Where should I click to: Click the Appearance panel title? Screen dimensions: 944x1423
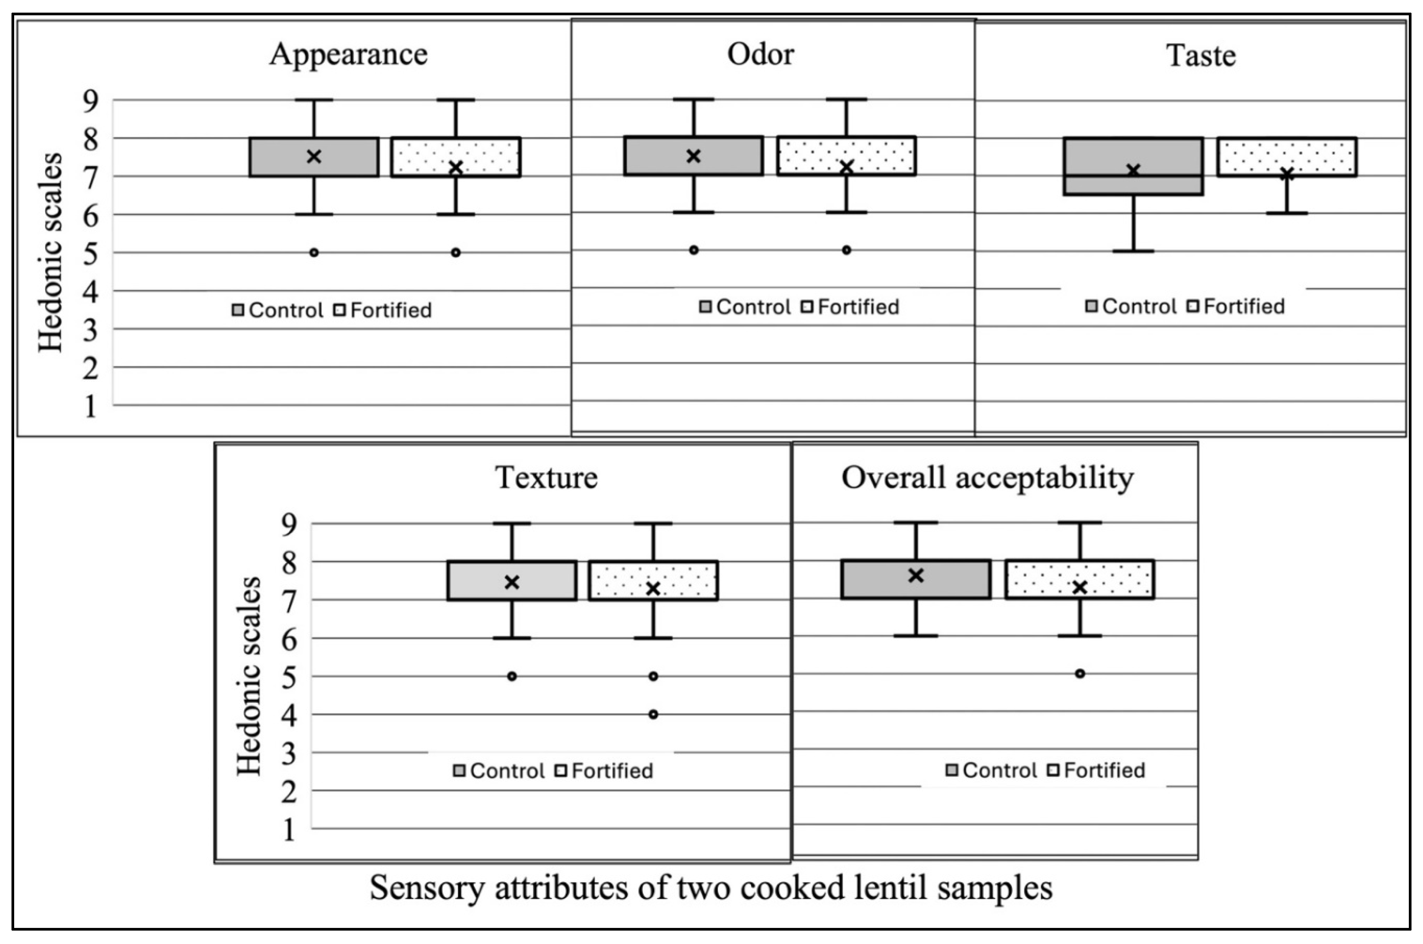(x=348, y=54)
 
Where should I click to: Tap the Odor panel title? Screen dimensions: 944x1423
(x=760, y=54)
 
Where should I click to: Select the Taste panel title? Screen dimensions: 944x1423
(x=1201, y=56)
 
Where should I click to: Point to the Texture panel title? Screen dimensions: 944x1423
(x=547, y=478)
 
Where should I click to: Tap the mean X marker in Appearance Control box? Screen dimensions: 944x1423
(x=314, y=157)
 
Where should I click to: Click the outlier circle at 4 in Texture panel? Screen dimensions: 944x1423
(x=653, y=715)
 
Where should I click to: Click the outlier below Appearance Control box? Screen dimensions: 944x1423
(x=314, y=252)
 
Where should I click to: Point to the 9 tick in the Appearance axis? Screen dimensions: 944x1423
(x=90, y=101)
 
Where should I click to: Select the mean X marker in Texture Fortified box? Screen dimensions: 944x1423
(x=653, y=588)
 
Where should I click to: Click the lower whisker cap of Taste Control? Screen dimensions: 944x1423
(x=1133, y=250)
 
